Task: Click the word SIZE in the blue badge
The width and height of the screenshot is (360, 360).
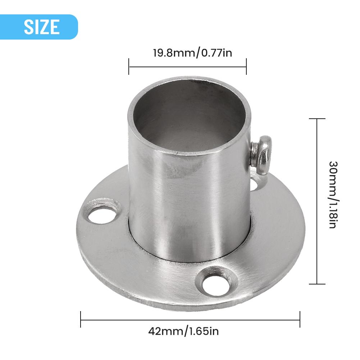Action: [42, 27]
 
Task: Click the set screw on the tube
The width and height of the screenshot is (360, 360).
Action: [262, 154]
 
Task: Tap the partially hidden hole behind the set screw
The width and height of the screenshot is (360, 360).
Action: [257, 184]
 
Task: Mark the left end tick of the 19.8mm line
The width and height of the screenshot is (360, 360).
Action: [129, 67]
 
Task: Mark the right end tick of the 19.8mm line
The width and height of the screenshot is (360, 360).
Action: [246, 67]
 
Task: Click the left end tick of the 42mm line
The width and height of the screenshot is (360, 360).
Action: [81, 319]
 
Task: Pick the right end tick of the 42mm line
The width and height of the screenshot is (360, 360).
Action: [300, 319]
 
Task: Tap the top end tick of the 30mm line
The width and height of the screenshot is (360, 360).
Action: [317, 119]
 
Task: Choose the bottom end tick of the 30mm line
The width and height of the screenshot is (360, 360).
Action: [317, 284]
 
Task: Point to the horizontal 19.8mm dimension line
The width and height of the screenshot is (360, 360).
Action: [187, 67]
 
